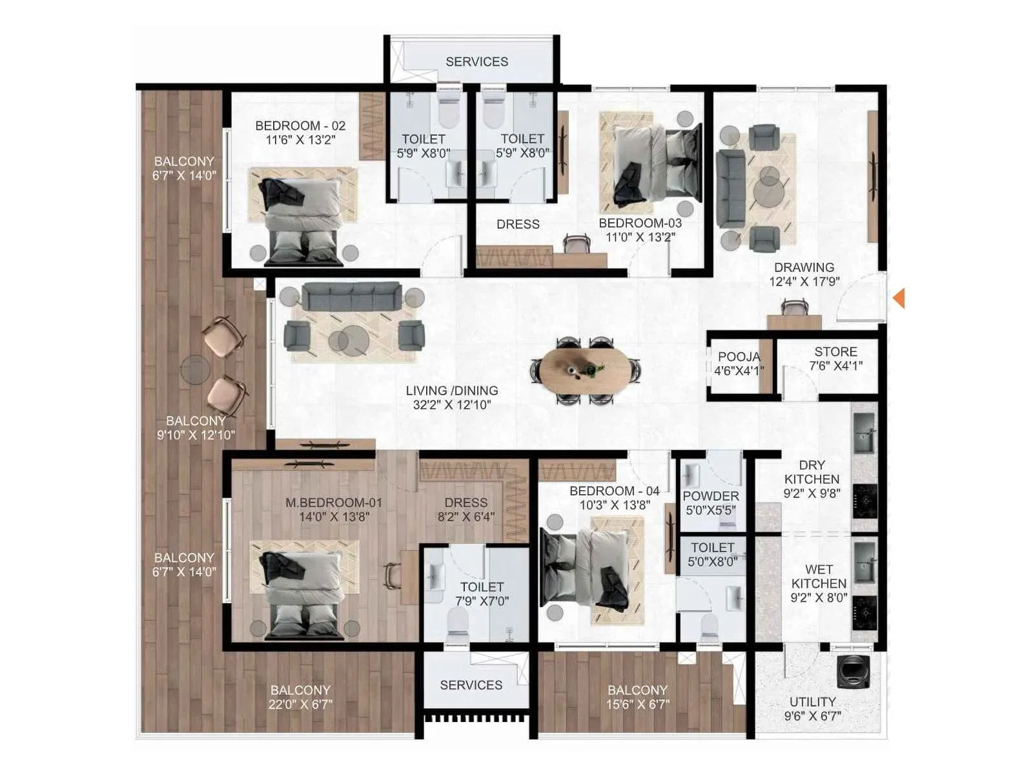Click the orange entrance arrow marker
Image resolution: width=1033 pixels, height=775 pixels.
point(899,298)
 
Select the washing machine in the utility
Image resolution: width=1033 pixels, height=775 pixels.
point(854,672)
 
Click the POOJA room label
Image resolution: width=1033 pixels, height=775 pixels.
point(739,357)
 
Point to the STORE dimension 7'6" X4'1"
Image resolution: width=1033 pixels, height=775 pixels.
point(835,366)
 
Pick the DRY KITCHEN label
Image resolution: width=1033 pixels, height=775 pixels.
point(812,472)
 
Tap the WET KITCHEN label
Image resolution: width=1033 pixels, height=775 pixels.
point(819,576)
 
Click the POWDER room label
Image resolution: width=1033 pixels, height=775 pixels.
point(711,496)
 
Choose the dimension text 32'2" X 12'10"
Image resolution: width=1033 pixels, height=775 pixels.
point(452,405)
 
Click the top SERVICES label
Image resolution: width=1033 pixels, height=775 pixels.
point(476,61)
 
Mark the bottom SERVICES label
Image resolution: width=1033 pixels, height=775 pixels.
point(471,685)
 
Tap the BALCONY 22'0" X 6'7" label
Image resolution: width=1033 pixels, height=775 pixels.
point(300,697)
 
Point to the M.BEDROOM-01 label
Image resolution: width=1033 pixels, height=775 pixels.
point(334,502)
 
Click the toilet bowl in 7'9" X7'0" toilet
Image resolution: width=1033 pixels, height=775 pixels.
point(457,628)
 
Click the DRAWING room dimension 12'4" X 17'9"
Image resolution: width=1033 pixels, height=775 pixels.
point(804,282)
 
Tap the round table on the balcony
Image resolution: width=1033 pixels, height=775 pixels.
point(196,370)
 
